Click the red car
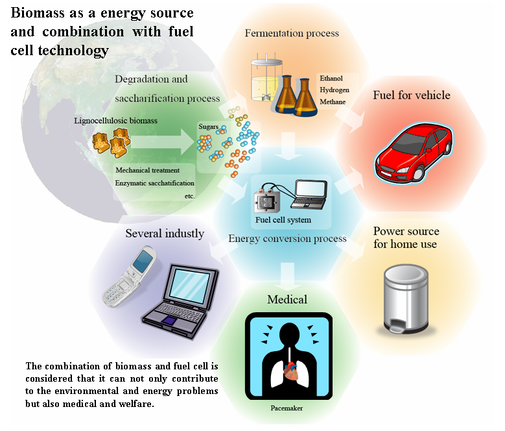coord(414,153)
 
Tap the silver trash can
coord(406,299)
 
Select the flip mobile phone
coord(130,277)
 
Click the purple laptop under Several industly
coord(181,302)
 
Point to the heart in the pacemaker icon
coord(291,371)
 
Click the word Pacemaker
coord(287,408)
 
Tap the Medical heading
coord(287,299)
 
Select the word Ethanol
coord(331,79)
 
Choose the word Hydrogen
coord(335,90)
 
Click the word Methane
coord(333,102)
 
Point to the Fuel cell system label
coord(283,220)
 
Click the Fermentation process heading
coord(292,33)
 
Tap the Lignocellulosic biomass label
coord(115,121)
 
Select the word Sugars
coord(208,127)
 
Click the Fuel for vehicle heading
coord(412,95)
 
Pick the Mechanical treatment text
coord(148,170)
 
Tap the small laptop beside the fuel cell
coord(309,194)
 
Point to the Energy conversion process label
coord(287,239)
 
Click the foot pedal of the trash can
coord(397,329)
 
